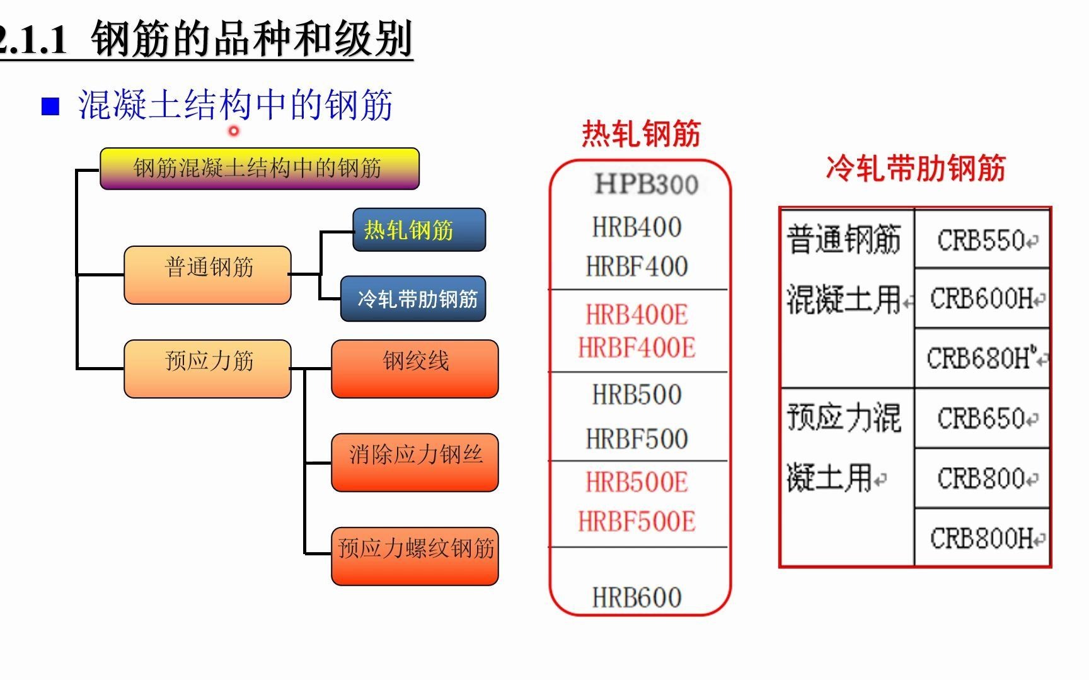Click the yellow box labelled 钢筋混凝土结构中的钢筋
point(259,169)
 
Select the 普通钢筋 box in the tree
point(208,275)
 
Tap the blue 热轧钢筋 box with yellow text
point(419,230)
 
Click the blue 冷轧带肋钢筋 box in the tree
point(413,298)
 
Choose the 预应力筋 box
point(208,368)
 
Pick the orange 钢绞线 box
point(415,368)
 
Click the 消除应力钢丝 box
point(415,462)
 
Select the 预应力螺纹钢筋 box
point(415,555)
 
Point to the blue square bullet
point(50,106)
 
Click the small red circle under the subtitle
point(234,131)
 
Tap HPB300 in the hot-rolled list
point(646,184)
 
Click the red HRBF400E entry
point(637,348)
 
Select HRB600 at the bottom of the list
point(637,597)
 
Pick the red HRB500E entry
point(637,482)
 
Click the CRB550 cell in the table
point(981,240)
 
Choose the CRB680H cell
point(981,358)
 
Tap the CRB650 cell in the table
point(981,418)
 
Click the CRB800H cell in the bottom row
point(981,538)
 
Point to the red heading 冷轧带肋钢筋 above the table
point(916,169)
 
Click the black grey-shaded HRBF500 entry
point(637,439)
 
